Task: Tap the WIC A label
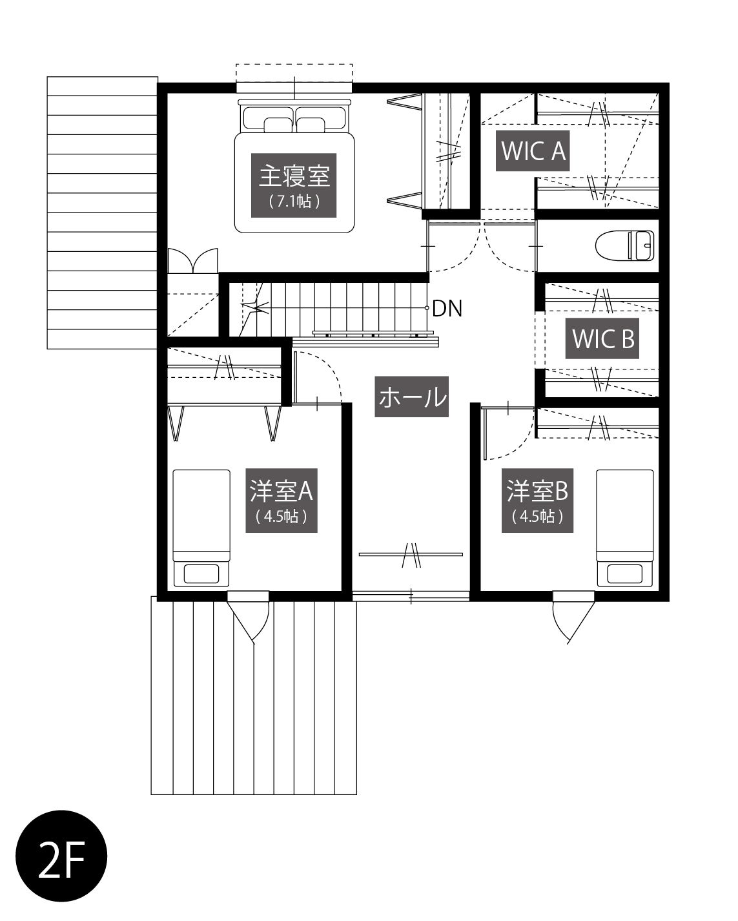tap(533, 150)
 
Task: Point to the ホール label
tap(411, 397)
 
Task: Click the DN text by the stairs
tap(447, 309)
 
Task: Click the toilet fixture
tap(624, 245)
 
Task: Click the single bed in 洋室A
tap(201, 528)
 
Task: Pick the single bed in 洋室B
tap(624, 528)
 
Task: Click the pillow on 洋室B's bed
tap(624, 574)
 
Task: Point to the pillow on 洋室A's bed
tap(201, 574)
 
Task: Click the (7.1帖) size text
tap(294, 201)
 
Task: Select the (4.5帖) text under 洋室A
tap(281, 517)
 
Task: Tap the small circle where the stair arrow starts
tap(427, 307)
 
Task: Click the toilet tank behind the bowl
tap(641, 245)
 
